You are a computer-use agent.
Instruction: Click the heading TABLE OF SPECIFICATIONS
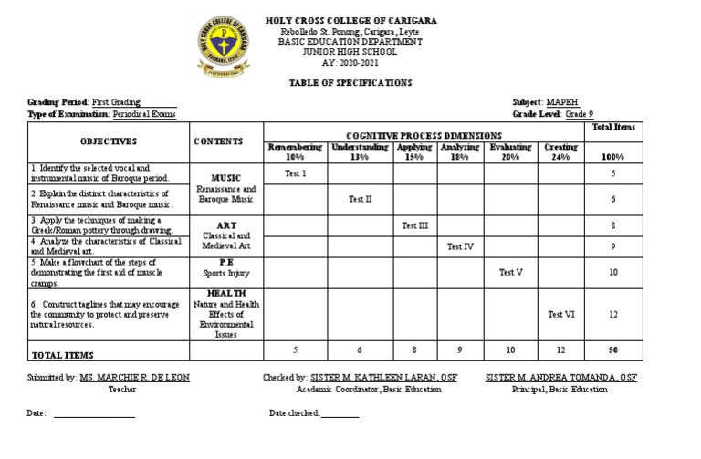350,82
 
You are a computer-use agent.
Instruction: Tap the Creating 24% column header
560,151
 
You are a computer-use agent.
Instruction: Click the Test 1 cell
295,172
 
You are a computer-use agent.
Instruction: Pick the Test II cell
361,198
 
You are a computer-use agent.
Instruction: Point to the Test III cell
415,224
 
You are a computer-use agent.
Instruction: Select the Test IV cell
460,246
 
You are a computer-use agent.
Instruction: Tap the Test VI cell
560,314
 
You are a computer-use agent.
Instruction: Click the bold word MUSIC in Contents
226,177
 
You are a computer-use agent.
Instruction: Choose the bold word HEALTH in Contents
226,292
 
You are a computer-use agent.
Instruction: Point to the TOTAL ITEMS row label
63,354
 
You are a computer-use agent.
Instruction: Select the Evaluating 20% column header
508,151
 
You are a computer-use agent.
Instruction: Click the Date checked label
295,413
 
